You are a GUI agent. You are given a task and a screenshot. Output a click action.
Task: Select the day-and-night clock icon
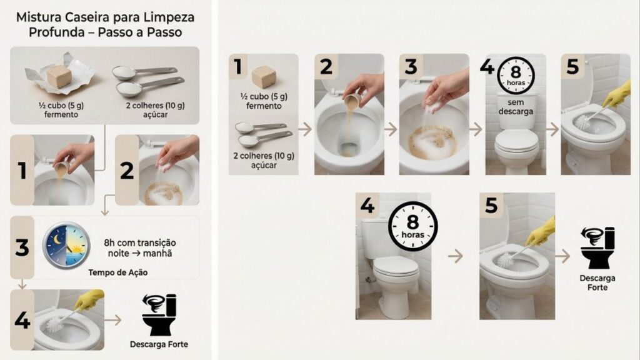pos(66,246)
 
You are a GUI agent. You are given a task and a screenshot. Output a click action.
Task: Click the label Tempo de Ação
pos(118,272)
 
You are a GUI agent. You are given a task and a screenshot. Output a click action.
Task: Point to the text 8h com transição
pos(140,242)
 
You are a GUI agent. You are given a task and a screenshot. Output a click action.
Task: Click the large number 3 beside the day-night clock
pos(22,247)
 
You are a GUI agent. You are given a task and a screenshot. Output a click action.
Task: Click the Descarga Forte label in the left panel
pos(159,344)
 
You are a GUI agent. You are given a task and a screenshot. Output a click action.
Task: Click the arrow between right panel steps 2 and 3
pos(390,130)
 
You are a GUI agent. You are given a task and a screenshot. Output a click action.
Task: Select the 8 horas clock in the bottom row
pos(412,226)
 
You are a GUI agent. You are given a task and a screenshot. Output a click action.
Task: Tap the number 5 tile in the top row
pos(572,67)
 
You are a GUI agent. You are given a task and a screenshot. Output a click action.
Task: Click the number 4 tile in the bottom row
pos(368,205)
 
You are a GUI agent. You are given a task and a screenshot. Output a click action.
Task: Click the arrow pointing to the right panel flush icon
pos(562,256)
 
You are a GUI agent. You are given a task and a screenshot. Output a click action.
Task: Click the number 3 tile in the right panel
pos(411,66)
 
